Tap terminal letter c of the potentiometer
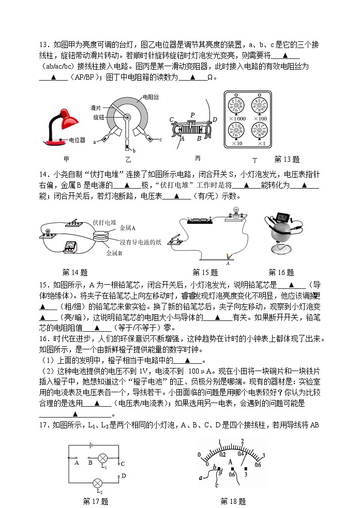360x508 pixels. pyautogui.click(x=161, y=140)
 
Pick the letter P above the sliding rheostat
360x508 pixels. pyautogui.click(x=192, y=115)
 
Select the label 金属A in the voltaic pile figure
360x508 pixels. pyautogui.click(x=127, y=227)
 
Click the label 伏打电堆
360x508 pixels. pyautogui.click(x=104, y=222)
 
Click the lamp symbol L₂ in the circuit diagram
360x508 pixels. pyautogui.click(x=97, y=483)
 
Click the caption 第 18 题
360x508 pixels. pyautogui.click(x=233, y=501)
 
